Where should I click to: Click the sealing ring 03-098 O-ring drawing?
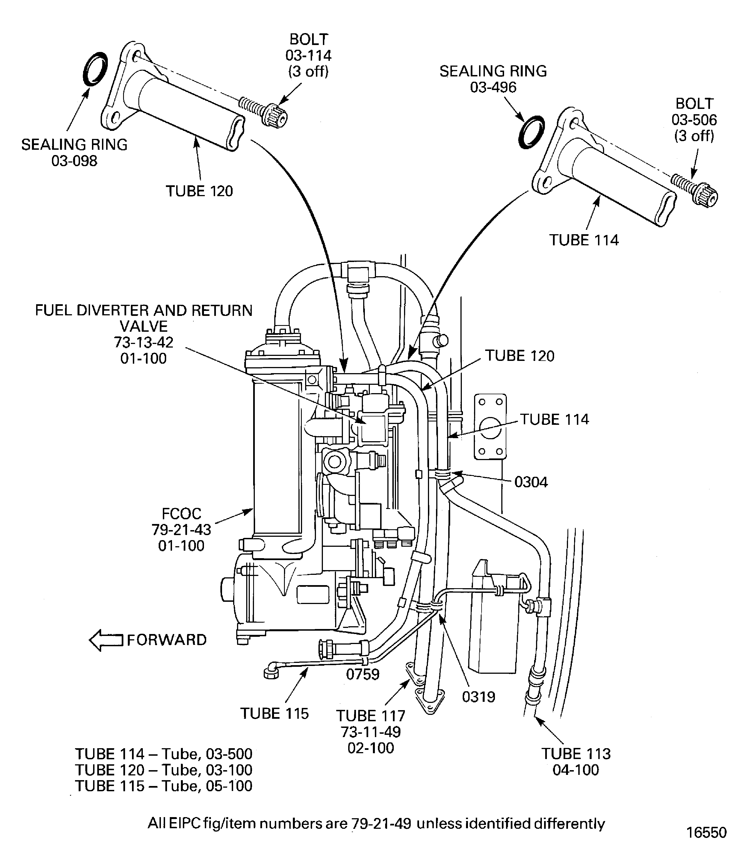(x=95, y=69)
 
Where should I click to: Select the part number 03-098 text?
(x=74, y=161)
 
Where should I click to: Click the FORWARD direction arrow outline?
(x=106, y=640)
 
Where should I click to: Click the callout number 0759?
(x=363, y=674)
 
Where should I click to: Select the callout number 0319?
(x=478, y=697)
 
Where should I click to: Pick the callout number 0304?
(x=531, y=482)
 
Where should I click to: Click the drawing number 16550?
(x=706, y=832)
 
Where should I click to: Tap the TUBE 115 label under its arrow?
(x=274, y=713)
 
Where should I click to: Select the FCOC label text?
(x=181, y=514)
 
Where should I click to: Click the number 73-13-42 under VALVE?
(x=143, y=342)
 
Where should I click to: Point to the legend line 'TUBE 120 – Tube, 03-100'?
(x=163, y=770)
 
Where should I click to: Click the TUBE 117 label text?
(x=370, y=716)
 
